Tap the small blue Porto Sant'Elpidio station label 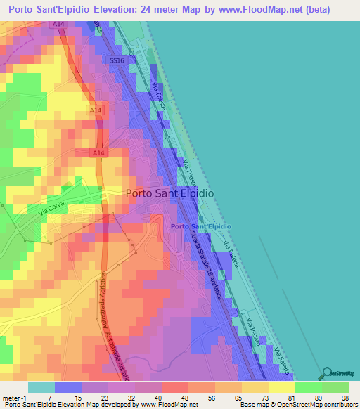(200, 226)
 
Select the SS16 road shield (117, 61)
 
